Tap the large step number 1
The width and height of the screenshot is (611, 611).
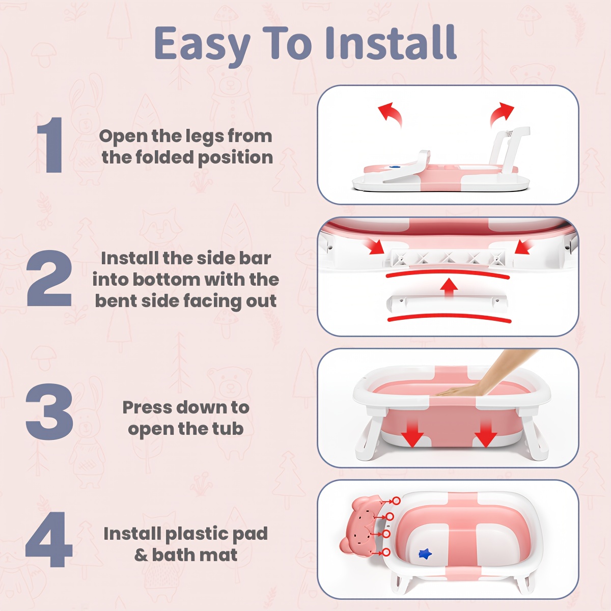51,145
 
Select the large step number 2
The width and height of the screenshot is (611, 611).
49,278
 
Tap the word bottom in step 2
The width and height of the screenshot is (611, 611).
165,280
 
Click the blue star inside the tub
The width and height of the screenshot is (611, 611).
425,554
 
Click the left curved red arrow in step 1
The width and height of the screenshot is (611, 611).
391,114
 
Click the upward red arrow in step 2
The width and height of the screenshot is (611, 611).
448,288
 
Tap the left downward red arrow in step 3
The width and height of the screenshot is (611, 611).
413,433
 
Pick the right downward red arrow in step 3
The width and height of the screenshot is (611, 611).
485,433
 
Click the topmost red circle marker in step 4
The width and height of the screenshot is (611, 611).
396,501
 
